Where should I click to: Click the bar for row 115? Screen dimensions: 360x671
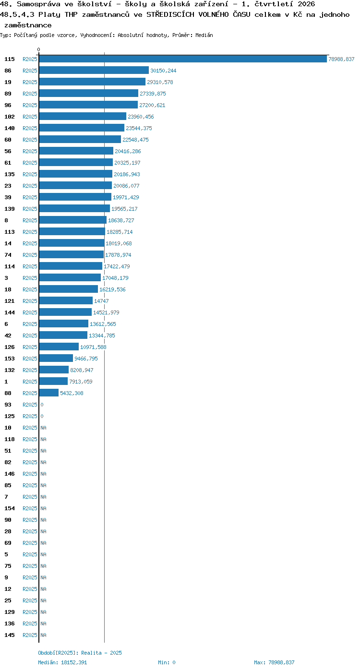[x=183, y=59]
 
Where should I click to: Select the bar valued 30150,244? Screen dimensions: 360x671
[x=94, y=71]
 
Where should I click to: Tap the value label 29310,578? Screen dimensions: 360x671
[x=160, y=82]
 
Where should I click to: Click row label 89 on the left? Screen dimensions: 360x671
[x=8, y=94]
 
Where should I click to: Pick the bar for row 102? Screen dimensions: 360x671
[x=83, y=116]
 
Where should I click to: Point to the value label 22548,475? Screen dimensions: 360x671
[x=135, y=140]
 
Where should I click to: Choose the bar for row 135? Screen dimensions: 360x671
[x=76, y=174]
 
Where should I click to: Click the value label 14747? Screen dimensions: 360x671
[x=101, y=301]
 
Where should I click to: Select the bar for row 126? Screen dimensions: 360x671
[x=59, y=347]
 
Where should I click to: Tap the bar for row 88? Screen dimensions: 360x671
[x=49, y=393]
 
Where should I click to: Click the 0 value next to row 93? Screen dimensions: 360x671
[x=42, y=405]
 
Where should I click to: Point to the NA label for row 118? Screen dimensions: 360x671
[x=43, y=439]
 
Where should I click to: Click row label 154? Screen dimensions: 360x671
[x=9, y=508]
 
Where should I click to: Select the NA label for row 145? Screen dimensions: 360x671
[x=43, y=635]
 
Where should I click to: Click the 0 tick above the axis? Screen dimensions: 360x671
[x=38, y=49]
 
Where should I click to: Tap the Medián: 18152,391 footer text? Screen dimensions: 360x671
[x=62, y=662]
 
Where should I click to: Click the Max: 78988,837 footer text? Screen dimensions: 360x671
[x=274, y=662]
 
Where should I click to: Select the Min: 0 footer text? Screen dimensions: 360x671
[x=167, y=662]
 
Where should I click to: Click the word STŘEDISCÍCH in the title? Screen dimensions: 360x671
[x=170, y=14]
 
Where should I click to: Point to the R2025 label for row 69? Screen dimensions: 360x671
[x=30, y=543]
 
